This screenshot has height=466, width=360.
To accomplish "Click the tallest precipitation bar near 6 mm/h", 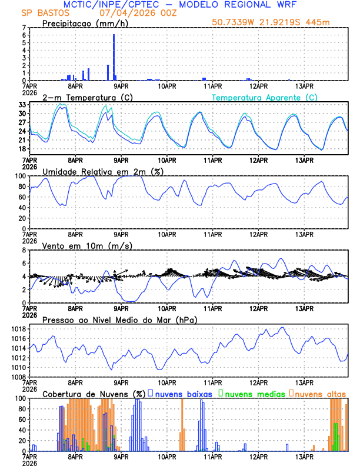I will [114, 57].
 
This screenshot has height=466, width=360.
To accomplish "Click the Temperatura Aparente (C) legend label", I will [265, 97].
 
